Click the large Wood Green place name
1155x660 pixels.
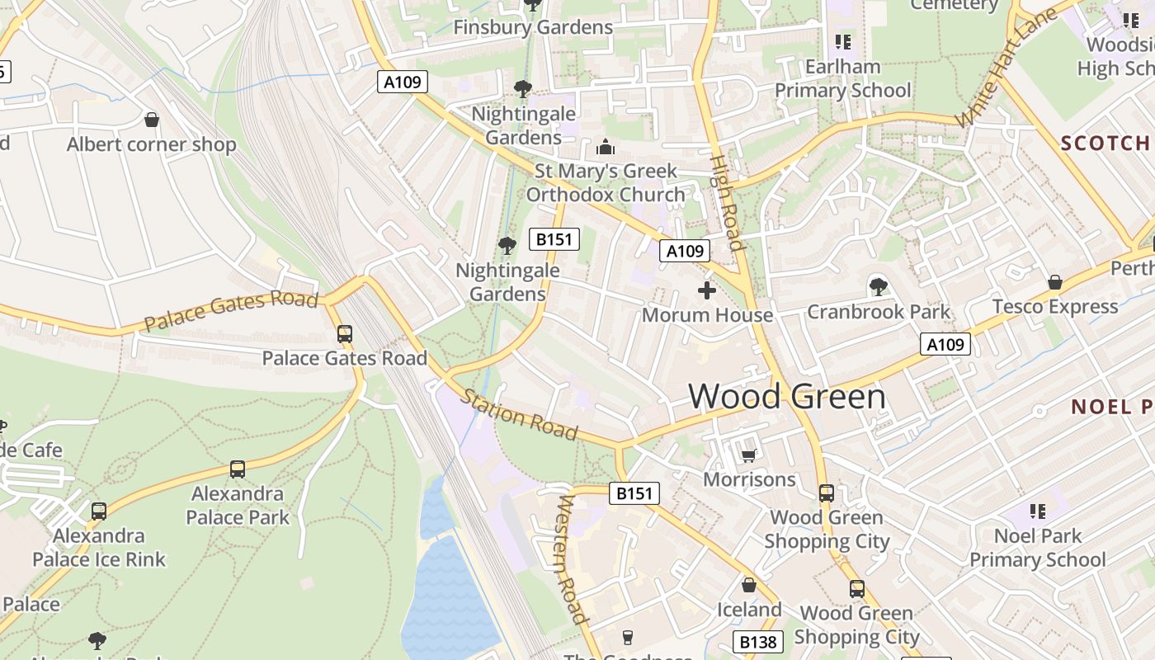coord(786,397)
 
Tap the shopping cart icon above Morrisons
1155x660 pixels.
coord(749,455)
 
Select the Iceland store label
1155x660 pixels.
coord(748,610)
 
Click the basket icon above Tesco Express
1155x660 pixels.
coord(1054,283)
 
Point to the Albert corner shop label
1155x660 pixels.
coord(151,144)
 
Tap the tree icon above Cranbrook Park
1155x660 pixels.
coord(879,287)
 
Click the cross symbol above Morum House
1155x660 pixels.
coord(707,290)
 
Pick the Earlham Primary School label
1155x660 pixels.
coord(842,78)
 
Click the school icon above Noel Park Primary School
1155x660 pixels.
coord(1037,511)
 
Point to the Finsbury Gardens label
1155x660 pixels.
coord(533,27)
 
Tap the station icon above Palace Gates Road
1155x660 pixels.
coord(345,334)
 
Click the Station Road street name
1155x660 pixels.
coord(518,414)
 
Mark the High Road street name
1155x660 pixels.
coord(727,202)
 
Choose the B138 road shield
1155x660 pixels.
coord(757,642)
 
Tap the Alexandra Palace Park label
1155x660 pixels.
coord(238,506)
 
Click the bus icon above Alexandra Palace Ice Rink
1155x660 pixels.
coord(99,511)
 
